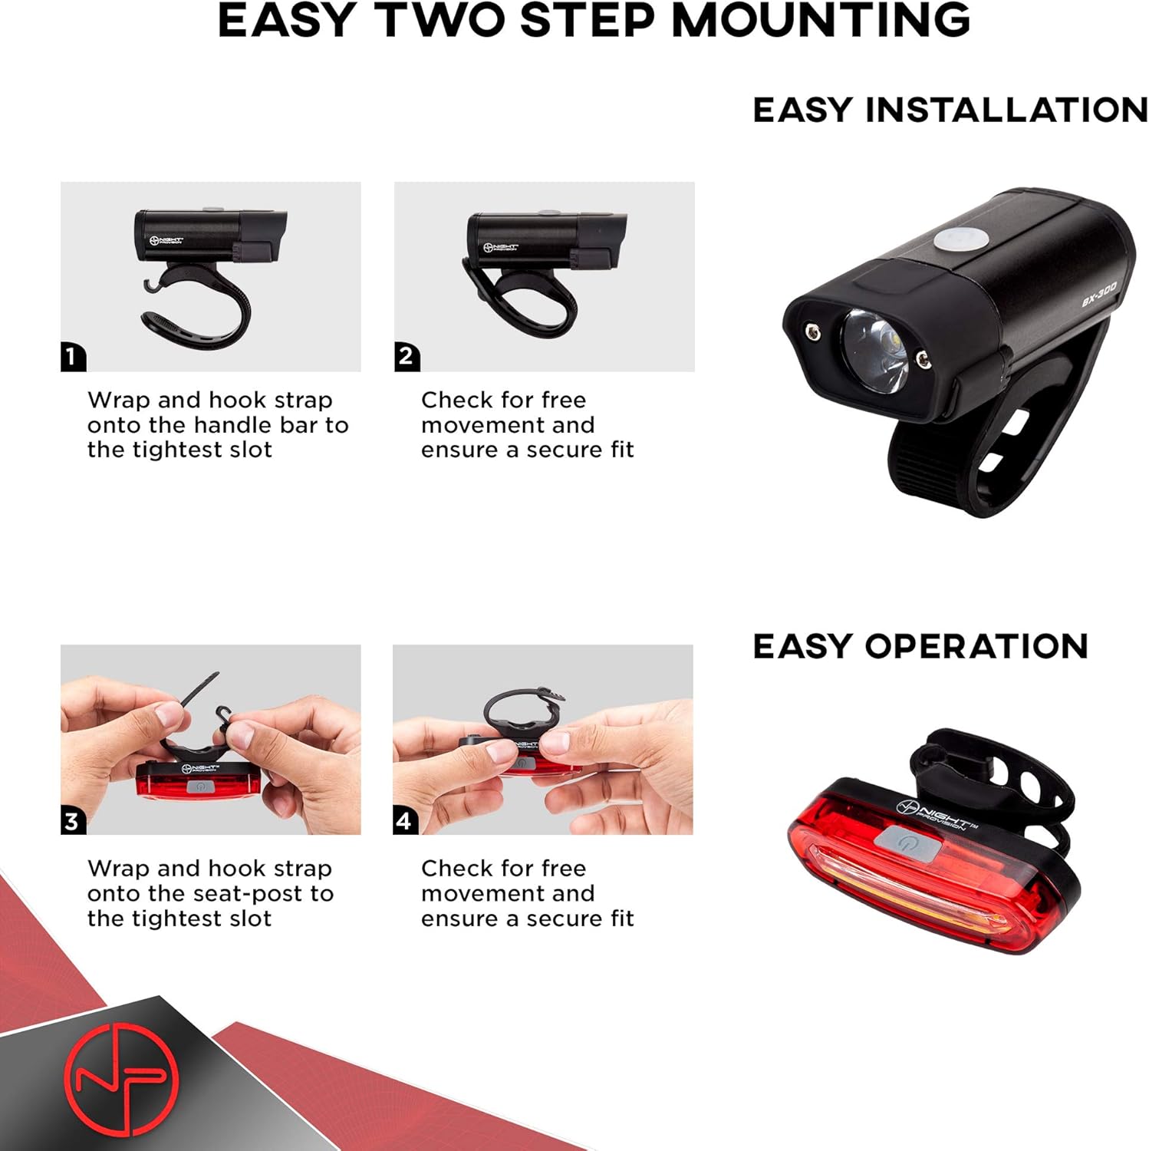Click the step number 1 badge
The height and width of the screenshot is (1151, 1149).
coord(73,357)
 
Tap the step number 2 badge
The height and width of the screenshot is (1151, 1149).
coord(407,357)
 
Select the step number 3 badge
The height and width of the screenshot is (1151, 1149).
coord(73,821)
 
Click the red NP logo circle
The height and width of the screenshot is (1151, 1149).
coord(121,1078)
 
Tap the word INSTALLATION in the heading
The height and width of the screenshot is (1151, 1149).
coord(1006,110)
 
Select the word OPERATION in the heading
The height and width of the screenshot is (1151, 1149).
coord(976,646)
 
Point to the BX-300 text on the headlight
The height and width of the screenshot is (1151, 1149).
coord(1098,294)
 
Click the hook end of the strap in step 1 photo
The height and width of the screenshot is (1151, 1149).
coord(152,286)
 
